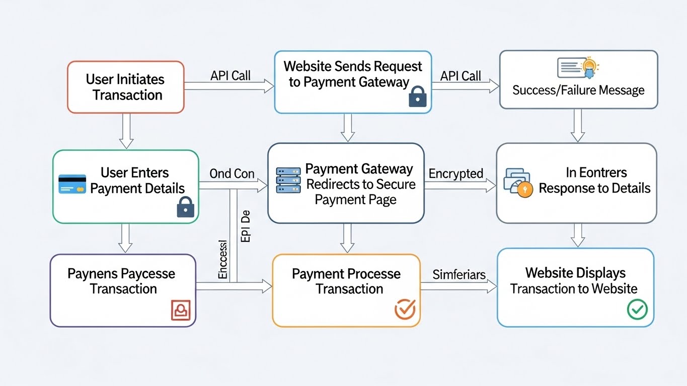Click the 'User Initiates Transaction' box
(125, 87)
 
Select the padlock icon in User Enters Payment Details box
(185, 207)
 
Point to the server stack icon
(288, 180)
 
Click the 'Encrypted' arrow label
(456, 174)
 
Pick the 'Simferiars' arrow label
(459, 275)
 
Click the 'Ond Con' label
(232, 174)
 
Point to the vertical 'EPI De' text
(246, 229)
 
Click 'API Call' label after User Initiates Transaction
(231, 76)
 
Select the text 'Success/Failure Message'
(578, 90)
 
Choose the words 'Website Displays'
(575, 273)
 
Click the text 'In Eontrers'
(596, 173)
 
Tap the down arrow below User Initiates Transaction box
(126, 131)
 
